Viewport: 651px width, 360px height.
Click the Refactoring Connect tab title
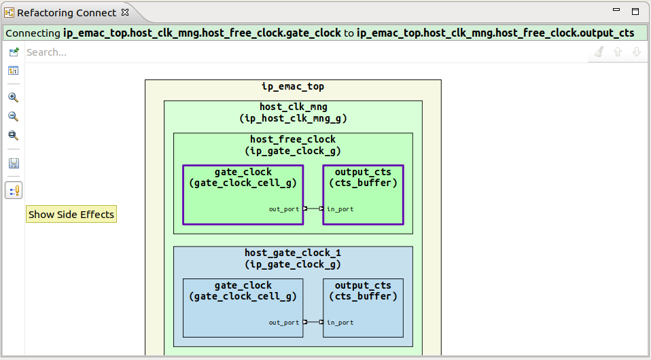pyautogui.click(x=67, y=13)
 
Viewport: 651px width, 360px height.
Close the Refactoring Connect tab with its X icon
pyautogui.click(x=124, y=12)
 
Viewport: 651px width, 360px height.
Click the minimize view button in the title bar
pyautogui.click(x=616, y=11)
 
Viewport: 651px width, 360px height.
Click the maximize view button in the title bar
pyautogui.click(x=635, y=12)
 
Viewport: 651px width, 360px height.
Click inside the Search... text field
pyautogui.click(x=272, y=52)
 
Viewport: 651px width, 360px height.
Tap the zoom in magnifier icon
pyautogui.click(x=13, y=97)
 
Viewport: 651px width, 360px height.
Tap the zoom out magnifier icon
pyautogui.click(x=13, y=116)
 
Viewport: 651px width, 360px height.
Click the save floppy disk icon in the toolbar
pyautogui.click(x=13, y=163)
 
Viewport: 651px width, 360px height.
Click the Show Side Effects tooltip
pyautogui.click(x=71, y=214)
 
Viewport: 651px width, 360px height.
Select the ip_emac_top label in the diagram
pyautogui.click(x=293, y=87)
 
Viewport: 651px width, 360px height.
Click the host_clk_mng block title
pyautogui.click(x=293, y=107)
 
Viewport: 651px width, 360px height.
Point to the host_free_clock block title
pyautogui.click(x=293, y=140)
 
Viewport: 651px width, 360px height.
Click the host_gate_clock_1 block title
pyautogui.click(x=293, y=253)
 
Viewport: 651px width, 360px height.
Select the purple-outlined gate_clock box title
pyautogui.click(x=243, y=173)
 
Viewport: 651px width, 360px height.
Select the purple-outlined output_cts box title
pyautogui.click(x=363, y=173)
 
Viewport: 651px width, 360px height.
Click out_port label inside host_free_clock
pyautogui.click(x=283, y=209)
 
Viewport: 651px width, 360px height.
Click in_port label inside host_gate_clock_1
pyautogui.click(x=340, y=323)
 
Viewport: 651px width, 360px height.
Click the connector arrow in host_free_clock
pyautogui.click(x=313, y=209)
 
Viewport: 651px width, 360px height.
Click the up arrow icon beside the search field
pyautogui.click(x=618, y=52)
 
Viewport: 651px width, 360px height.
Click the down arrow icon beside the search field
pyautogui.click(x=637, y=52)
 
